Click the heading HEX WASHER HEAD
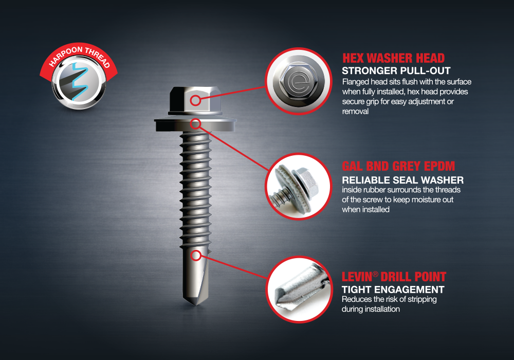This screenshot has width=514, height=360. tap(393, 58)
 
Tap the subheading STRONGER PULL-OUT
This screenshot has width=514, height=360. tap(396, 70)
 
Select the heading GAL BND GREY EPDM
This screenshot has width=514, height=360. tap(398, 166)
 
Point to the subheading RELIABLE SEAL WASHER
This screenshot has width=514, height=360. tap(402, 180)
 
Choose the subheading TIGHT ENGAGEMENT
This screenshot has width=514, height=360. tap(393, 290)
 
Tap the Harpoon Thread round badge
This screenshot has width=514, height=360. tap(79, 77)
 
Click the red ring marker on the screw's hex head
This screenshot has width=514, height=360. tap(195, 100)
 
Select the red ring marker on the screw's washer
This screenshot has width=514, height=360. tap(195, 123)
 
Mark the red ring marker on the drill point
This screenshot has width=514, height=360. tap(196, 256)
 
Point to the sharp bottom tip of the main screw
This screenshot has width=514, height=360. tap(195, 305)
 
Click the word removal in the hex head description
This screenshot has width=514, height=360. tap(355, 112)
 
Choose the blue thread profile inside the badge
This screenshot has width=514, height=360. tap(80, 81)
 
